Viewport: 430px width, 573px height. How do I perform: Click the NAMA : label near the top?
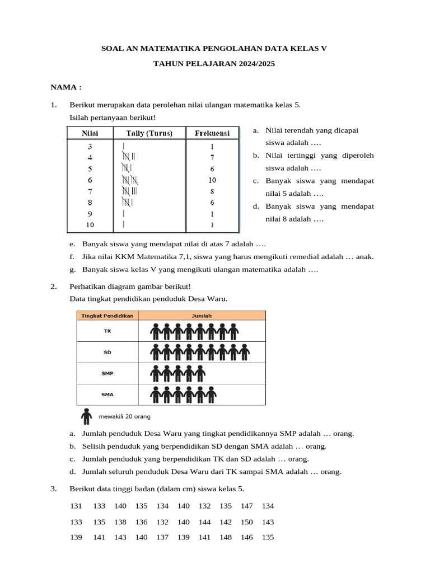(x=66, y=88)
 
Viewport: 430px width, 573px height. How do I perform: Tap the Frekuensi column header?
(x=212, y=133)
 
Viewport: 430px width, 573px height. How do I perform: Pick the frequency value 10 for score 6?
(x=212, y=180)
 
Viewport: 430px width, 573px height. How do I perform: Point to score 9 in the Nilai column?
(x=90, y=214)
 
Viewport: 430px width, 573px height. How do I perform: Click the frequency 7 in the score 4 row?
(x=212, y=158)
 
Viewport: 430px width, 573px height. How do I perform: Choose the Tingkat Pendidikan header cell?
(x=107, y=316)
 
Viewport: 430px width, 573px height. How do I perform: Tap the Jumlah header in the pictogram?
(x=202, y=316)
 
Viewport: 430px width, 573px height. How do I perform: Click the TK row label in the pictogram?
(x=107, y=331)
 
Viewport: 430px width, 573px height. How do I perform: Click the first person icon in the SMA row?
(x=156, y=394)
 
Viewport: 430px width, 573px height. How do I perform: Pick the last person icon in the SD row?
(x=244, y=353)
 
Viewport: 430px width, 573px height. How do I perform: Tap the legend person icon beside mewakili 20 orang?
(x=86, y=416)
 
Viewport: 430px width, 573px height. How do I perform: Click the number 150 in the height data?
(x=246, y=522)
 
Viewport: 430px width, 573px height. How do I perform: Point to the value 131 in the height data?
(x=76, y=506)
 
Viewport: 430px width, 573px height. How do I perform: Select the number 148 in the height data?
(x=226, y=537)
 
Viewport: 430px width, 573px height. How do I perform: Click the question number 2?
(x=53, y=286)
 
